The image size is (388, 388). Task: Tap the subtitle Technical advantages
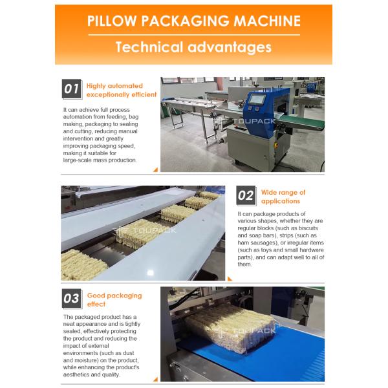tap(194, 47)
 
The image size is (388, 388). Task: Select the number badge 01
tap(72, 89)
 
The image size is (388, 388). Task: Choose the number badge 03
tap(72, 299)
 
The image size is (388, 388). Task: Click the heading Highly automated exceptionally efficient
tap(122, 90)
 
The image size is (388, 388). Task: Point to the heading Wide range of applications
tap(283, 197)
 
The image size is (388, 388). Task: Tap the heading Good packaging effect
tap(114, 299)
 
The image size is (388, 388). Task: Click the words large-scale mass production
tap(100, 160)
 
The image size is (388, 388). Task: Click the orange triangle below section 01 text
tap(155, 170)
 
